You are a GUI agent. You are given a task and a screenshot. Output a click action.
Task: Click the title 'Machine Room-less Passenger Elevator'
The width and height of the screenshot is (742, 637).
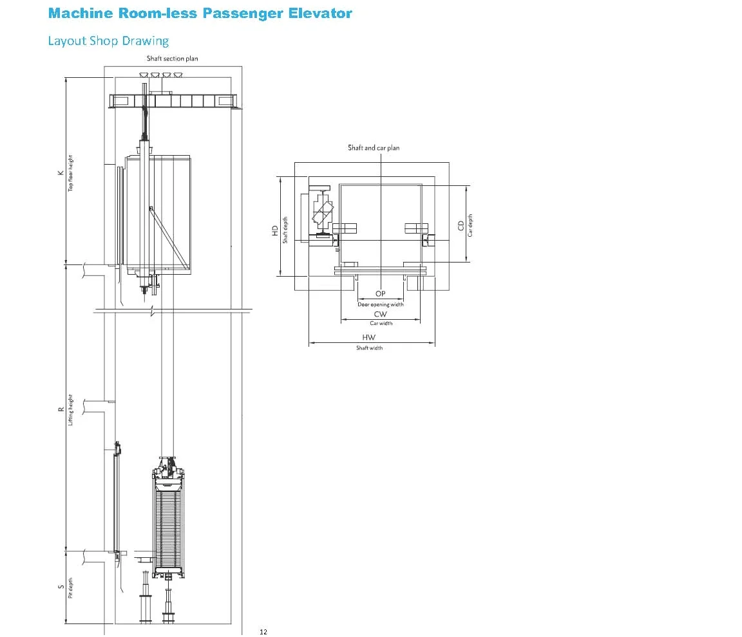[200, 14]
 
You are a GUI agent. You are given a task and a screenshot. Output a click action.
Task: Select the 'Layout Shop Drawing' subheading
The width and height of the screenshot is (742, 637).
[108, 41]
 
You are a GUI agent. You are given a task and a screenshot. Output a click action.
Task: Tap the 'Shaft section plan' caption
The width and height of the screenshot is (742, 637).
[172, 59]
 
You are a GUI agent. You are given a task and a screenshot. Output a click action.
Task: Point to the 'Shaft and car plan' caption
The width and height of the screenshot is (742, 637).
[374, 148]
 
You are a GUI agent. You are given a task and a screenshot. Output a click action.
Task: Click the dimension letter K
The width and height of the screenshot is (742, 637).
[61, 173]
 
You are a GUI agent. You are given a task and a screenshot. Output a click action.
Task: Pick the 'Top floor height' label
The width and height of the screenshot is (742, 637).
[70, 173]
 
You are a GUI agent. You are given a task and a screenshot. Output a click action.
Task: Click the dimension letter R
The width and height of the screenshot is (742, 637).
[61, 410]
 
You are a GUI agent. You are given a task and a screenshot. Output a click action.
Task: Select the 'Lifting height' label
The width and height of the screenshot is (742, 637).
[70, 410]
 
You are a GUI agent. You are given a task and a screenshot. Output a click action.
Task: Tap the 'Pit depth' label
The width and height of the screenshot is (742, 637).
[70, 587]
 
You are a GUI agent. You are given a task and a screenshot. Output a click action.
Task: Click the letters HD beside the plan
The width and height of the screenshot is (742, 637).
[275, 230]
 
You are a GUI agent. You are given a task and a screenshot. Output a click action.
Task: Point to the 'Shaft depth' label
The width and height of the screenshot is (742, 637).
[285, 230]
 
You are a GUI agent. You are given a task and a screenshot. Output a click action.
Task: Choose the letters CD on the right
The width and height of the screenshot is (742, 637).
[461, 225]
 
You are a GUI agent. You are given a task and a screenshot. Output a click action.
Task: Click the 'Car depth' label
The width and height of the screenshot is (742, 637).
[470, 225]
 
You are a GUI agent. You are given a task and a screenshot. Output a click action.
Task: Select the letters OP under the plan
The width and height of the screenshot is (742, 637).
[381, 293]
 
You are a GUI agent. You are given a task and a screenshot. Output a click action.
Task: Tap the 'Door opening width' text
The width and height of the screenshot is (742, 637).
[381, 304]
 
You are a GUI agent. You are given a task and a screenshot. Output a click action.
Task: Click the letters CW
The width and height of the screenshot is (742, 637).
[381, 314]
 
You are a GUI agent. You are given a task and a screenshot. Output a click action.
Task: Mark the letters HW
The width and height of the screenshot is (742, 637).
[368, 337]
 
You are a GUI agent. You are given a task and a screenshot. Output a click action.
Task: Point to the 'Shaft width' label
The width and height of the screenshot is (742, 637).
[370, 348]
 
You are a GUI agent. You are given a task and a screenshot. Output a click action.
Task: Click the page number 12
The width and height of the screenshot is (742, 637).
[263, 632]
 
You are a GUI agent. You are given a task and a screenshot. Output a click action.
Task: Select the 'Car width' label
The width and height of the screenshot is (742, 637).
[381, 323]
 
